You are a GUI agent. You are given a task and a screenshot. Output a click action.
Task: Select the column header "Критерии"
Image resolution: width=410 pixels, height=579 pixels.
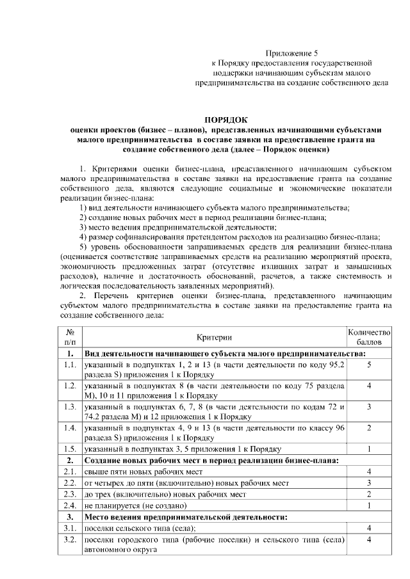click(x=215, y=337)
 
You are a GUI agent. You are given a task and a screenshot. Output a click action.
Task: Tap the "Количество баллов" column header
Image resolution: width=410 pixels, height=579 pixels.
click(x=369, y=337)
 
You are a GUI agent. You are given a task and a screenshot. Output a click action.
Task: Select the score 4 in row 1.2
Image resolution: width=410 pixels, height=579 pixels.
click(x=369, y=386)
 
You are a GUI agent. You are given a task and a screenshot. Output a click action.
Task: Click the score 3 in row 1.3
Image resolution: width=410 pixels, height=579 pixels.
click(x=369, y=406)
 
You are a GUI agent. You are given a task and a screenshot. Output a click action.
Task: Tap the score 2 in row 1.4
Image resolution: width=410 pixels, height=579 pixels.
click(x=369, y=427)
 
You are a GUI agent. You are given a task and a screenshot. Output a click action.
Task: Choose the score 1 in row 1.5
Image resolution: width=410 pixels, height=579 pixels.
click(x=369, y=448)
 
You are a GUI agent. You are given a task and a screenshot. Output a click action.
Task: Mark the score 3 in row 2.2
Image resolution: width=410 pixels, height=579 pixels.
click(x=369, y=482)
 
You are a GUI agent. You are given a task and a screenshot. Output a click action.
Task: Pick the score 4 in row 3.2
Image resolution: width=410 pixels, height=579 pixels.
click(x=369, y=540)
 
